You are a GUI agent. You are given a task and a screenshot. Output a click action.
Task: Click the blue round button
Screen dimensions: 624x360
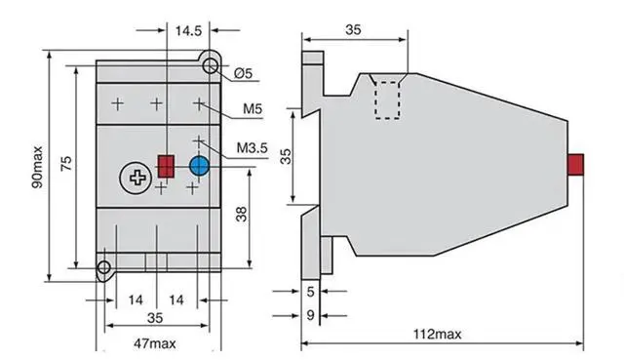tap(199, 166)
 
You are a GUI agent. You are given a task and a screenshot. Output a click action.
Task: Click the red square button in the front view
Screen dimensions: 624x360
tap(167, 166)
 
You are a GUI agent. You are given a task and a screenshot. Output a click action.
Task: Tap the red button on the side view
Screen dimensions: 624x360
tap(575, 164)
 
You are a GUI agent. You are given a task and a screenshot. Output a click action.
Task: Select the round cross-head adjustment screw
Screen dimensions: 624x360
tap(136, 178)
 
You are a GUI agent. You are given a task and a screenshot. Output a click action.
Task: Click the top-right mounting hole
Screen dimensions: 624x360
tap(211, 65)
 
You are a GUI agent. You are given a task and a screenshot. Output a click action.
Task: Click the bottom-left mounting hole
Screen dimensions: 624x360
tap(104, 267)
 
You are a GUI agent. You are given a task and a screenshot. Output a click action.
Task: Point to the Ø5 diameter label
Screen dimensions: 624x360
tap(243, 73)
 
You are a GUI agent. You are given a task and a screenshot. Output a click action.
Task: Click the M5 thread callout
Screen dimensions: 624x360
tap(253, 108)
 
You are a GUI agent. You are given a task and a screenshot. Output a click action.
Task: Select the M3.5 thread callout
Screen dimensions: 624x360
tap(253, 148)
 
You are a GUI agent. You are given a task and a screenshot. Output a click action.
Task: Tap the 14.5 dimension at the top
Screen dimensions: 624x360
tap(188, 30)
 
